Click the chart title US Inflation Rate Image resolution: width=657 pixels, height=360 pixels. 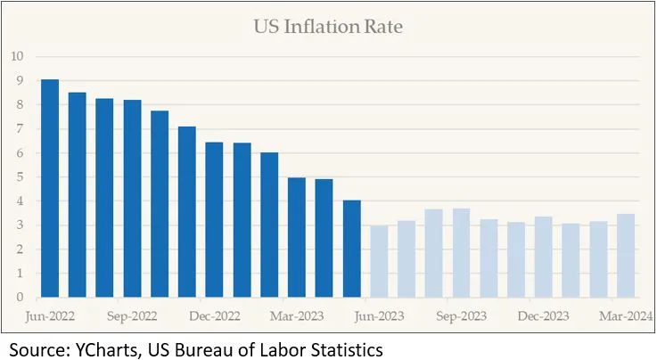[327, 27]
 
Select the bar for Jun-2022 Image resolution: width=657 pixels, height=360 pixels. [50, 189]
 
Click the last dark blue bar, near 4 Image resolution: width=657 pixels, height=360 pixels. [352, 249]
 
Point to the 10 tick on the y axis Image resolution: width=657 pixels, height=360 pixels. [17, 57]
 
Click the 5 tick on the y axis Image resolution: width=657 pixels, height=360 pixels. [19, 177]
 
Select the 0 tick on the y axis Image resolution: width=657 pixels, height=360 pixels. [19, 298]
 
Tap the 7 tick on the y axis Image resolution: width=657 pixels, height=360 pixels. [19, 129]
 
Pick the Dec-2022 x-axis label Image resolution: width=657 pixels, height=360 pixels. [215, 315]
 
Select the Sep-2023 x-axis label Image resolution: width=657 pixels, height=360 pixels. [462, 315]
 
